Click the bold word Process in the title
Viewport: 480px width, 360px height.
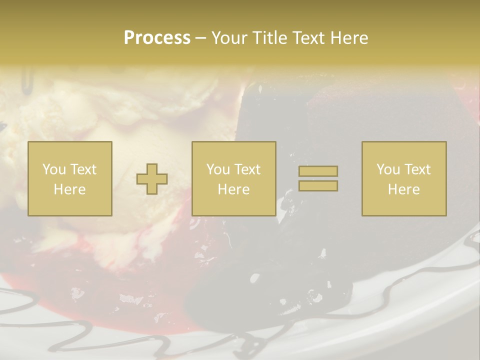(x=157, y=38)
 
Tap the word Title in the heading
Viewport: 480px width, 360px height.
(x=269, y=38)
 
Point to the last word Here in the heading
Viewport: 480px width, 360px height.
(x=350, y=38)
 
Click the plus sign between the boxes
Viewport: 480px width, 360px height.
(x=152, y=179)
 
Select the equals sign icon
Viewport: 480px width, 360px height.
(x=318, y=178)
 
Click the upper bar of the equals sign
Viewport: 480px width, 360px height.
(x=318, y=171)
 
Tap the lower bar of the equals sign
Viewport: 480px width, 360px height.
(x=318, y=186)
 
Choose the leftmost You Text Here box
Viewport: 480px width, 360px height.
(x=70, y=179)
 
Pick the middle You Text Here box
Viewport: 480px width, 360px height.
(x=233, y=179)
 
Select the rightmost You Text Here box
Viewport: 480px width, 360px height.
(x=404, y=179)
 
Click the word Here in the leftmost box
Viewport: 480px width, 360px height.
(x=70, y=189)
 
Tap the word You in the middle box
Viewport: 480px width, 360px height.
(x=218, y=169)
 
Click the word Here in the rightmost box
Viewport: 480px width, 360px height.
(x=404, y=189)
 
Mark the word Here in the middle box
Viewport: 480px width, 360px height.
(x=233, y=189)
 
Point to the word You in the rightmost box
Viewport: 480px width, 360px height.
(x=388, y=169)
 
